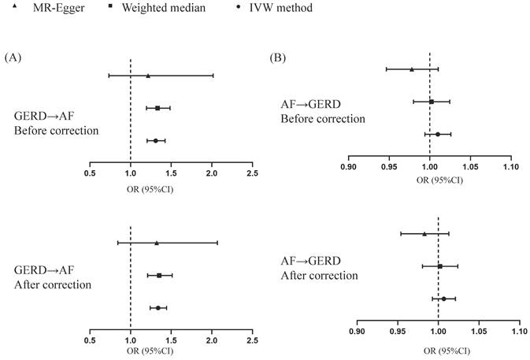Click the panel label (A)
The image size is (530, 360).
pos(13,57)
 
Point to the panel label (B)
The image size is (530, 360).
pos(278,58)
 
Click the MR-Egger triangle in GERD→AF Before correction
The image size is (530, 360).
pos(148,76)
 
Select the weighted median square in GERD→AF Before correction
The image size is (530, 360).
pos(158,108)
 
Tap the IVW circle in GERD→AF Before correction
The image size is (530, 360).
pos(155,140)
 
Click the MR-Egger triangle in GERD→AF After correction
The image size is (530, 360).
pos(157,243)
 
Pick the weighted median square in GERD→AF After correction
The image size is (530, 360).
pos(159,275)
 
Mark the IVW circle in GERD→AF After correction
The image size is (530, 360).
pos(158,307)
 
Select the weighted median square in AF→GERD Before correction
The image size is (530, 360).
pos(432,102)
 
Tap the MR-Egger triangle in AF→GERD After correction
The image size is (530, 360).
pos(424,233)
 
